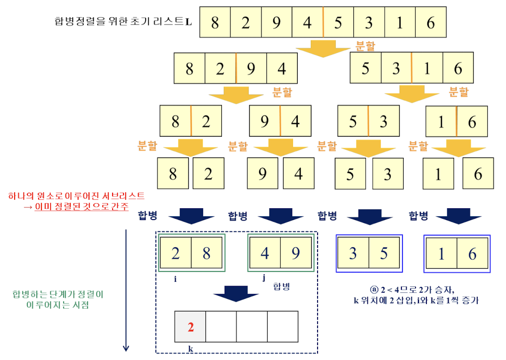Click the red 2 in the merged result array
[x=191, y=327]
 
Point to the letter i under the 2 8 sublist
[x=175, y=279]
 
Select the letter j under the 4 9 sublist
[x=264, y=278]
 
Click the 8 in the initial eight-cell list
[x=215, y=23]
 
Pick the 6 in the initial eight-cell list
[x=431, y=23]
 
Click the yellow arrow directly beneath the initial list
[x=323, y=48]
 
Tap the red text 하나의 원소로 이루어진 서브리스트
[x=77, y=195]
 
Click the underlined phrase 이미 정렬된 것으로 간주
[x=82, y=206]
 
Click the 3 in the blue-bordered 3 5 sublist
[x=353, y=254]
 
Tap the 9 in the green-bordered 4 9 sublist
[x=295, y=254]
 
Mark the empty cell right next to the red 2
[x=221, y=327]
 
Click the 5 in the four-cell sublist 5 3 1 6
[x=366, y=69]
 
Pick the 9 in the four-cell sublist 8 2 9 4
[x=251, y=69]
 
